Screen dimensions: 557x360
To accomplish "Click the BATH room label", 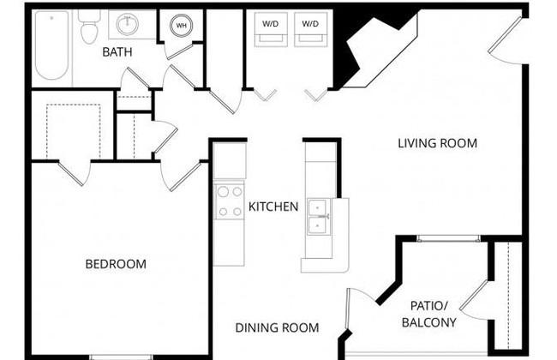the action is pyautogui.click(x=117, y=52).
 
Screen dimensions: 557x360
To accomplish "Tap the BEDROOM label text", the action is pyautogui.click(x=116, y=264).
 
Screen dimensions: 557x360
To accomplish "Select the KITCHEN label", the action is pyautogui.click(x=273, y=207).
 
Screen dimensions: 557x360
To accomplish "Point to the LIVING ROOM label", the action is pyautogui.click(x=437, y=143).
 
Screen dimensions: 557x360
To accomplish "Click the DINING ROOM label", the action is pyautogui.click(x=277, y=327).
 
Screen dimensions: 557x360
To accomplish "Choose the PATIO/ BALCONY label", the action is pyautogui.click(x=429, y=314).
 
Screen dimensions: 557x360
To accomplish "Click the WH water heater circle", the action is pyautogui.click(x=181, y=25).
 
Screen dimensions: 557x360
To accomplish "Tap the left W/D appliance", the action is pyautogui.click(x=271, y=29).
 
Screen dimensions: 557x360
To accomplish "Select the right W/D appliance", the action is pyautogui.click(x=310, y=29).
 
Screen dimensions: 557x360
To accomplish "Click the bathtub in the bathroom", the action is pyautogui.click(x=52, y=45).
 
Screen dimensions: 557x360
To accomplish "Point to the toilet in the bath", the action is pyautogui.click(x=89, y=27).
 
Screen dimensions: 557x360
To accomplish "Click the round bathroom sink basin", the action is pyautogui.click(x=127, y=24).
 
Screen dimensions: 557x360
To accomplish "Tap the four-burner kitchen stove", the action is pyautogui.click(x=230, y=201).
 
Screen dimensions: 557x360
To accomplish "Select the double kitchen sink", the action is pyautogui.click(x=319, y=216).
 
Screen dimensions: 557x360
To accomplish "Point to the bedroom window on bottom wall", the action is pyautogui.click(x=121, y=357).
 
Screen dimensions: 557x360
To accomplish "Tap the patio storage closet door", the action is pyautogui.click(x=475, y=298).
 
